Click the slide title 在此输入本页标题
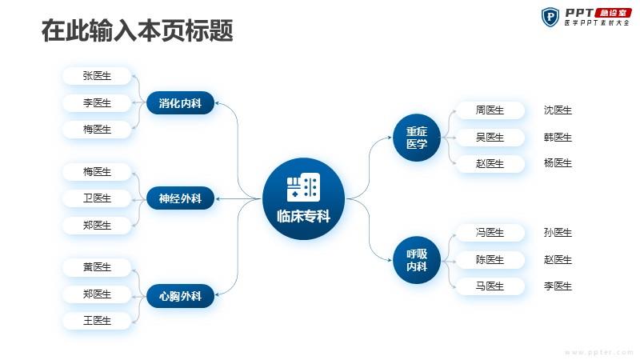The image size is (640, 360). [x=137, y=30]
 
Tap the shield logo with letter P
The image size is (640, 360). [x=550, y=17]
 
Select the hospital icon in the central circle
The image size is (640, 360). [x=303, y=187]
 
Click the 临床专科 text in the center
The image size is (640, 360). [x=303, y=216]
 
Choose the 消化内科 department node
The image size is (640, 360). [x=180, y=103]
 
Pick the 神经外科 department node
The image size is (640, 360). [x=180, y=198]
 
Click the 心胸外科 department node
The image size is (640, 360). [x=180, y=295]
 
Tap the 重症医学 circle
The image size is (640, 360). [x=416, y=138]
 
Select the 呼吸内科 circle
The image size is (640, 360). [x=416, y=260]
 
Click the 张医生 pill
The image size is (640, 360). [x=97, y=76]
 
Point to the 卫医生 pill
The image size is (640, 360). [x=97, y=198]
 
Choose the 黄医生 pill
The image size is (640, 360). [x=97, y=267]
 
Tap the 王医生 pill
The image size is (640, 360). [x=97, y=321]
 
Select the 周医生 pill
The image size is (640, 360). [x=490, y=110]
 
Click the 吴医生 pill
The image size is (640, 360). [x=490, y=138]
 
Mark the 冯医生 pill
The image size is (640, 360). [x=490, y=233]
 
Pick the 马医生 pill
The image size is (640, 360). [x=490, y=286]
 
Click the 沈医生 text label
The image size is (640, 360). [x=558, y=110]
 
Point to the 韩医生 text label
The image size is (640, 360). [x=558, y=138]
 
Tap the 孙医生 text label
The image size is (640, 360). [x=558, y=233]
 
